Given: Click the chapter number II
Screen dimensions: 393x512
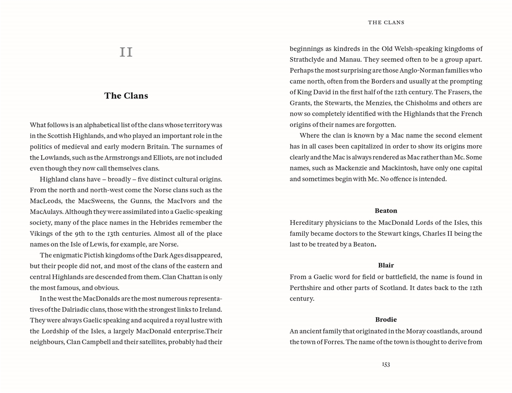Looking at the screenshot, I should (x=126, y=52).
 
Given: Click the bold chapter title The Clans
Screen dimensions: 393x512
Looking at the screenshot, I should (x=126, y=96).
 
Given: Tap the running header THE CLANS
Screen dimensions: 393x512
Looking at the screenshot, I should (x=386, y=23).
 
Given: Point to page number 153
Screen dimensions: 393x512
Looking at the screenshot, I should (x=386, y=364).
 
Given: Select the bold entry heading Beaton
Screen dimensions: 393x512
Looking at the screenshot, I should (x=386, y=211).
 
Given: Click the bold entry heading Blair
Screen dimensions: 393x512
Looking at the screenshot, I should (x=386, y=265).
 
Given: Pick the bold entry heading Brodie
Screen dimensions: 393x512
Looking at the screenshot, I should (x=386, y=320).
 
